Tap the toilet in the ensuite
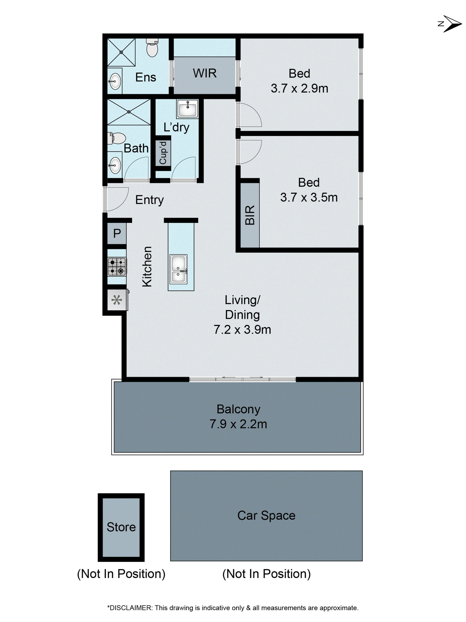coord(152,48)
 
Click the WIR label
coord(205,73)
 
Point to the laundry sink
coord(187,108)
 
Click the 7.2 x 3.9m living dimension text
coord(242,329)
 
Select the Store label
coord(121,527)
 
